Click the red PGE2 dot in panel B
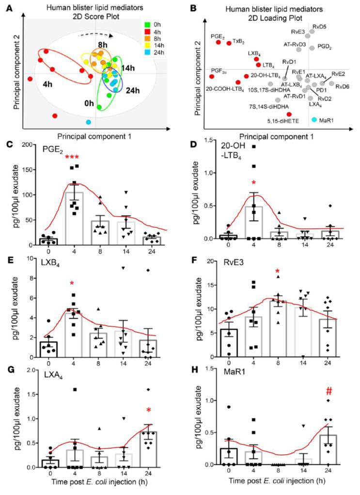219,42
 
